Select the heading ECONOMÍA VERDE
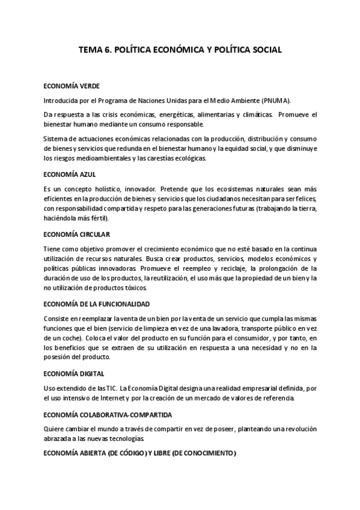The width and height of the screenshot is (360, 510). point(68,85)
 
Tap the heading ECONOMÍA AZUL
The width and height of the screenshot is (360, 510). point(66,174)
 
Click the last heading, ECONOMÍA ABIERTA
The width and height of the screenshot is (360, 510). point(140,453)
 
